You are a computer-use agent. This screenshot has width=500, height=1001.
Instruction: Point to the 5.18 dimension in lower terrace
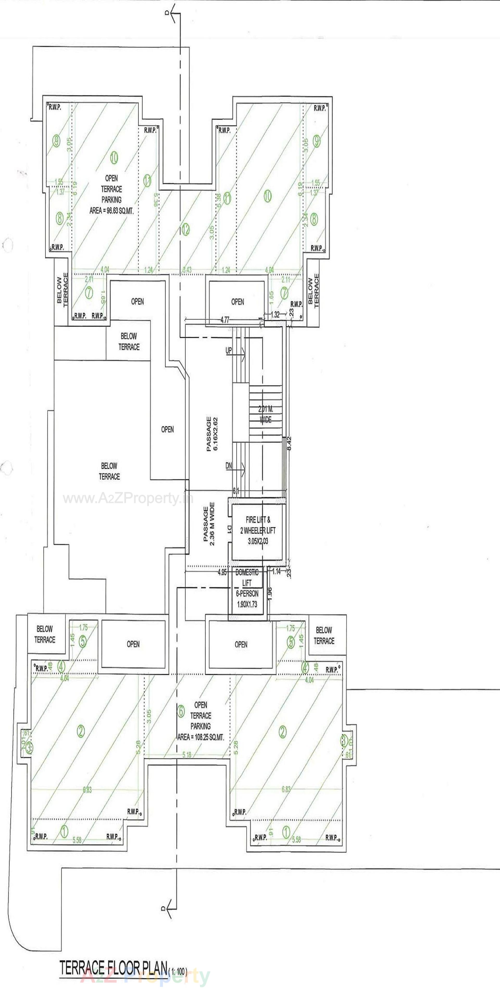pyautogui.click(x=187, y=755)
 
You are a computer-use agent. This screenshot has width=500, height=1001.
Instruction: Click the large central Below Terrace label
pyautogui.click(x=109, y=471)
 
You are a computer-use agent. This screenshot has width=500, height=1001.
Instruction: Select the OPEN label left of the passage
pyautogui.click(x=167, y=429)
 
